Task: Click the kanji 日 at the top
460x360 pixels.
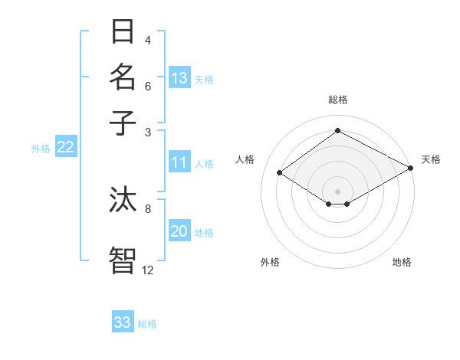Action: click(123, 32)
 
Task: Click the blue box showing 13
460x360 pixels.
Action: click(179, 78)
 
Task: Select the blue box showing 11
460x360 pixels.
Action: click(179, 162)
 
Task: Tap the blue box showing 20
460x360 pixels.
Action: click(179, 232)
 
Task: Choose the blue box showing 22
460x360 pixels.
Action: click(65, 148)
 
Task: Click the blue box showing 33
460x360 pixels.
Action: click(123, 322)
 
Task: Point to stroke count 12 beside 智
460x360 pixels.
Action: click(148, 270)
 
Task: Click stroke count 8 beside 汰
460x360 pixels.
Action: click(148, 208)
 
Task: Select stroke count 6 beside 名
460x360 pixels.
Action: click(148, 86)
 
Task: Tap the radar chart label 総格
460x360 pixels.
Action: click(337, 100)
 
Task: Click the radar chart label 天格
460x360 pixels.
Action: click(431, 159)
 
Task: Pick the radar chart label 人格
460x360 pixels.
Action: click(245, 159)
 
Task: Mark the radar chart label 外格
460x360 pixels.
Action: click(270, 263)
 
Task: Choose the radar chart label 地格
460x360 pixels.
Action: click(402, 263)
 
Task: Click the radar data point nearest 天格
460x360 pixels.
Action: click(411, 168)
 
